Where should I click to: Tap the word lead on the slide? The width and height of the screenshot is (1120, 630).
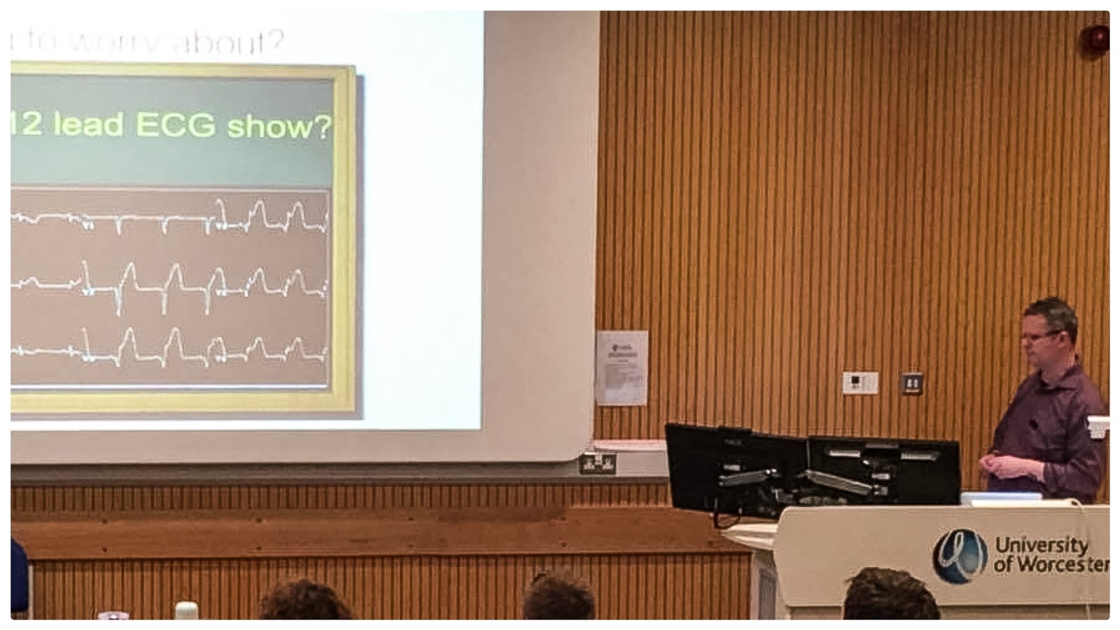tap(88, 125)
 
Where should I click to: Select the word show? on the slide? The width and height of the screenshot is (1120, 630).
tap(278, 127)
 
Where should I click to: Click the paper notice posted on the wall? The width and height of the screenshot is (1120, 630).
tap(622, 367)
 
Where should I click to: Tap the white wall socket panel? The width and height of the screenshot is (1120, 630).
tap(860, 383)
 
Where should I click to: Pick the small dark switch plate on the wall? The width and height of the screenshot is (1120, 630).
tap(911, 383)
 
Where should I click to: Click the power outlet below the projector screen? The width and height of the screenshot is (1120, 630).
tap(598, 463)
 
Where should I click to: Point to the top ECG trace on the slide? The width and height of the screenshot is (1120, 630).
tap(168, 217)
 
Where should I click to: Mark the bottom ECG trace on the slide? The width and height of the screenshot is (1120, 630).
tap(168, 349)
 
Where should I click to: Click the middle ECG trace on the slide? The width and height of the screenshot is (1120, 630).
tap(168, 282)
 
